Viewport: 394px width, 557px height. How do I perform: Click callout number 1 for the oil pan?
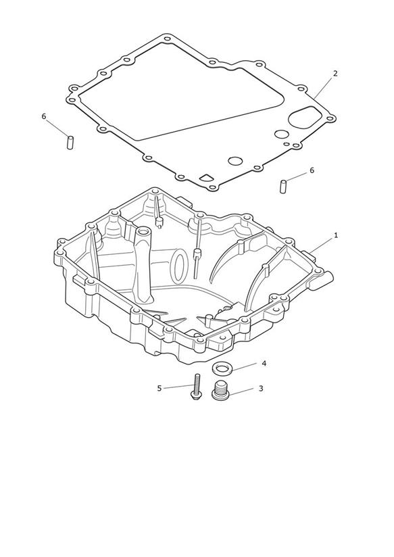[336, 235]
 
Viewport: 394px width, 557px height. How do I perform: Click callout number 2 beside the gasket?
[335, 74]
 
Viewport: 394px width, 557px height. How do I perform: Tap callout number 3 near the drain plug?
[261, 389]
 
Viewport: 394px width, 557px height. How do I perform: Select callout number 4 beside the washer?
[264, 364]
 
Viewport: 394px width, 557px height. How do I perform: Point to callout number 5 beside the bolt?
[159, 388]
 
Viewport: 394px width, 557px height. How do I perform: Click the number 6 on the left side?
[44, 116]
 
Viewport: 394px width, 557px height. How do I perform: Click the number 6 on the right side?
[312, 170]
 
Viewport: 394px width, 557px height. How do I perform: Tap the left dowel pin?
[70, 143]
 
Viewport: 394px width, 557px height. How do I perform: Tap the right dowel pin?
[283, 187]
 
